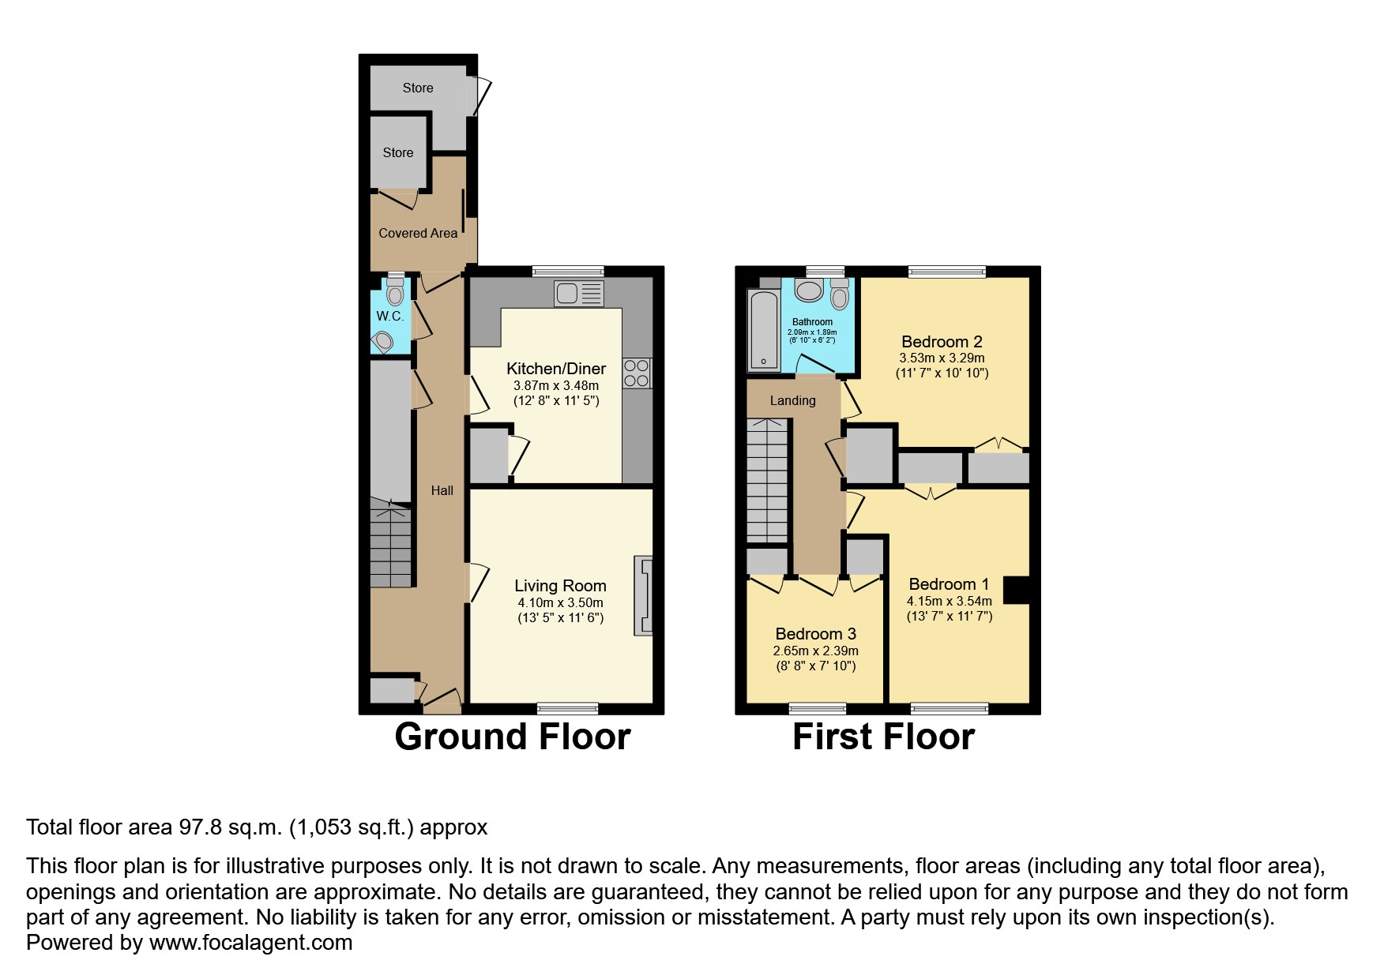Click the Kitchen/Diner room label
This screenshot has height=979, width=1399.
tap(555, 369)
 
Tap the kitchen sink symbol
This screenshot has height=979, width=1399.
tap(579, 294)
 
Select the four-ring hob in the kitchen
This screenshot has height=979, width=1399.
tap(637, 373)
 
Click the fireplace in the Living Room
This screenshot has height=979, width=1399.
tap(644, 596)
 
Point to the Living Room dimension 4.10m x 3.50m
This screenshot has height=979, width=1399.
tap(560, 602)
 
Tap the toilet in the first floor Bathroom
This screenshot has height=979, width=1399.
tap(840, 295)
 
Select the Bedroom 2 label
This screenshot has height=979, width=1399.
tap(942, 342)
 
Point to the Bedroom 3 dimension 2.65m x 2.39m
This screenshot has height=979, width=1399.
tap(815, 651)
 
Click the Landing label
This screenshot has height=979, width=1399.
tap(792, 401)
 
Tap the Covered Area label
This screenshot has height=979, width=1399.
tap(418, 233)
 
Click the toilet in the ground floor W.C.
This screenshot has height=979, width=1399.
tap(395, 293)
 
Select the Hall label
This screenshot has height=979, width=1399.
tap(442, 491)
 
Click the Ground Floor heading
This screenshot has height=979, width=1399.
tap(512, 737)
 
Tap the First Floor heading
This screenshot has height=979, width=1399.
tap(883, 737)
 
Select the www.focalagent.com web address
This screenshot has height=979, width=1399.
tap(250, 943)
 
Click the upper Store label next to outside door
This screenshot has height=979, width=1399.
tap(418, 88)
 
